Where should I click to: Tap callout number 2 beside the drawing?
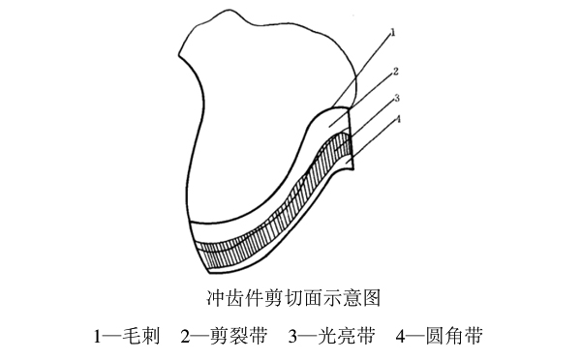(x=396, y=71)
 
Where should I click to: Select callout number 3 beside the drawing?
(x=397, y=99)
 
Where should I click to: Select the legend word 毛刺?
(x=139, y=338)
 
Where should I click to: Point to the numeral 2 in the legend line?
(x=184, y=338)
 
